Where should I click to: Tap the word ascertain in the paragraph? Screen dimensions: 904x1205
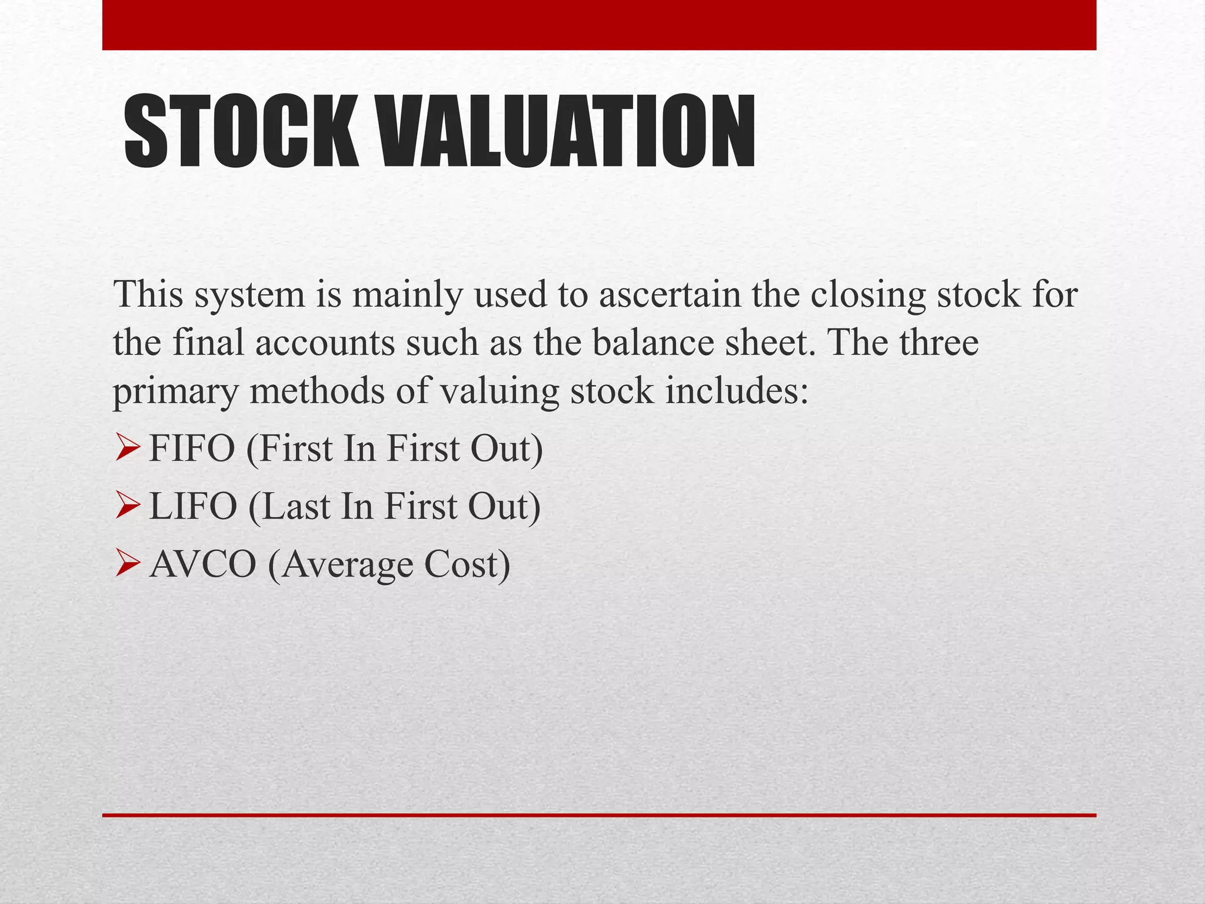click(x=670, y=294)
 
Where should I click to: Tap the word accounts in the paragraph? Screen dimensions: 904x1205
click(x=325, y=343)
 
